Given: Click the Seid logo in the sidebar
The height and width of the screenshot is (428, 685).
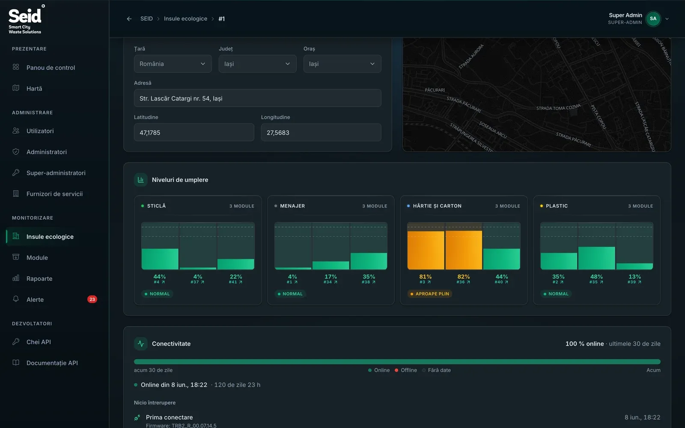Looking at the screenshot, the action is click(x=26, y=19).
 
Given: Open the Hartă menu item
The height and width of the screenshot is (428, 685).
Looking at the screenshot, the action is click(x=34, y=88).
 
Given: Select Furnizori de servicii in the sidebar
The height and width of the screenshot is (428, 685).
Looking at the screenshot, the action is click(x=54, y=194).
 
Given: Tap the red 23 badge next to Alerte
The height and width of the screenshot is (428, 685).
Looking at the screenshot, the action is click(x=92, y=299).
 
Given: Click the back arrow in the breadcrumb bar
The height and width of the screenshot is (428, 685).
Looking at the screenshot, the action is click(x=129, y=19).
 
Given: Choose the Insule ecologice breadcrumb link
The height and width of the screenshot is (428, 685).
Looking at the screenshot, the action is click(x=185, y=19).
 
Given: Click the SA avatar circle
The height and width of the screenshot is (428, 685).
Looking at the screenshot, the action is click(x=653, y=19).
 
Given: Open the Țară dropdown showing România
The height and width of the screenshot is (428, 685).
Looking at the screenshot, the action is click(x=173, y=64).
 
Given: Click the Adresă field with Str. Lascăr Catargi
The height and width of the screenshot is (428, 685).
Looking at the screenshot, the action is click(x=257, y=98).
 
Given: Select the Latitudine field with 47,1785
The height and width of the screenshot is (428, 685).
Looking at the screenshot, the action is click(x=194, y=132).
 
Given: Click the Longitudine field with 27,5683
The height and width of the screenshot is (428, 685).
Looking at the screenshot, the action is click(x=321, y=132).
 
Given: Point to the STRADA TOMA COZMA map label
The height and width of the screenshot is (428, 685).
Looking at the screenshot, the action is click(x=558, y=107).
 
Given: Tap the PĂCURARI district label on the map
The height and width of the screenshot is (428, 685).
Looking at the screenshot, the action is click(x=435, y=90).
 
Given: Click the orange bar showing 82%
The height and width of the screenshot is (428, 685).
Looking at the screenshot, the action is click(x=464, y=250).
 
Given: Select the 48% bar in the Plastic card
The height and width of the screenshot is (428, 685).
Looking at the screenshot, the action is click(x=596, y=258).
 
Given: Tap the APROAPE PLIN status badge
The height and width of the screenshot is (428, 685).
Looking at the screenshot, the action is click(x=430, y=294).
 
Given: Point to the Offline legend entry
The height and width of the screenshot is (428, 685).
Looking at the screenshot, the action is click(x=405, y=370).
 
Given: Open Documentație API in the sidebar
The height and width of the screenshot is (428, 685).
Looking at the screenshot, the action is click(x=52, y=363).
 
